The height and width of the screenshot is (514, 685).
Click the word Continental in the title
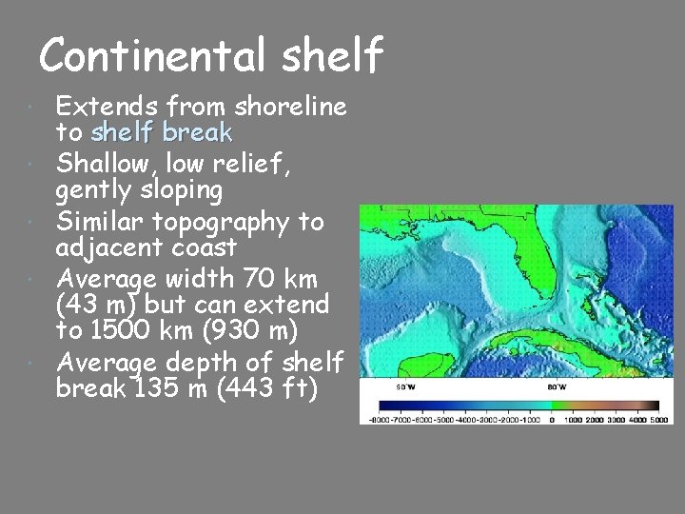coord(153,55)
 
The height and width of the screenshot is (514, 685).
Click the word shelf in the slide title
coord(332,55)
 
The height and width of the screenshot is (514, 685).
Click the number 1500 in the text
coord(125,330)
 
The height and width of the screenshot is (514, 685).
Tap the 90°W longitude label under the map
coord(405,387)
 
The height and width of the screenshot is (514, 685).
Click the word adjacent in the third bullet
coord(109,247)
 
